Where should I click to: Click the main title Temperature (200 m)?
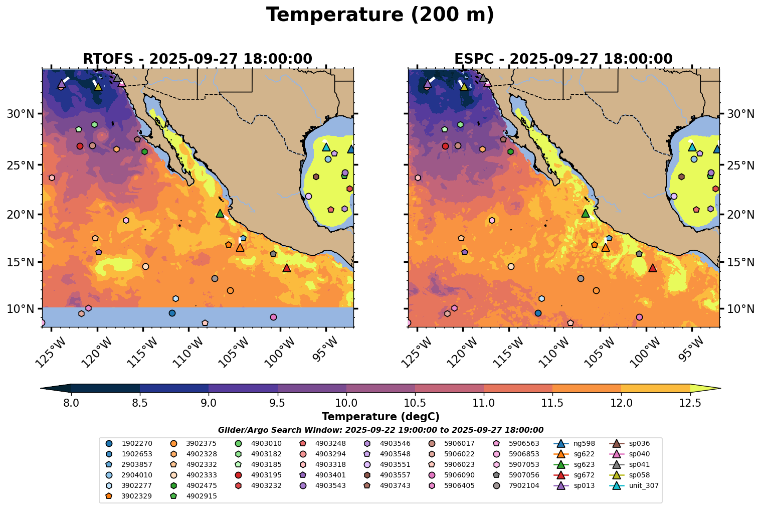tap(380, 15)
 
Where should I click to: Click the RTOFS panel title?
tap(198, 59)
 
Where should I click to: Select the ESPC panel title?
tap(563, 59)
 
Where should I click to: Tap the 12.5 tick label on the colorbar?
tap(690, 403)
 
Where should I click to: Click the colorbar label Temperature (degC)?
tap(380, 417)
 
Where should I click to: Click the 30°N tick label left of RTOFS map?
tap(20, 114)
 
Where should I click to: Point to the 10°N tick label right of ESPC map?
tap(741, 308)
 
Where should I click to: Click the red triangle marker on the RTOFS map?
tap(287, 268)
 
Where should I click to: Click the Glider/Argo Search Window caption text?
tap(380, 430)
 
